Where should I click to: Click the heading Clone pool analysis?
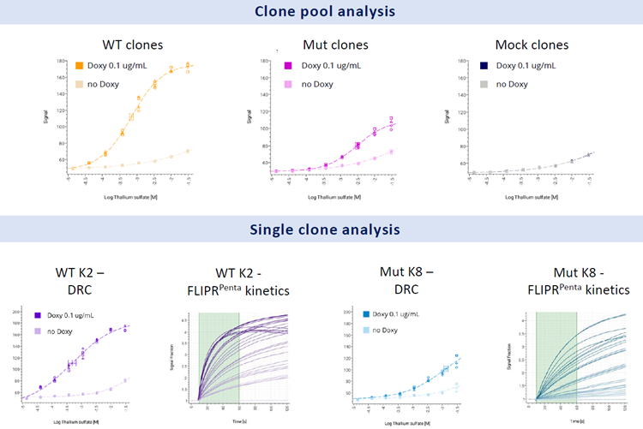321,12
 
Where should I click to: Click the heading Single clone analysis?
321,229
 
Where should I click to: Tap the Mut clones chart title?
335,45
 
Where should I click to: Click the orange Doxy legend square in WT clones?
79,65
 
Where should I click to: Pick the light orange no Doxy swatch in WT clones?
79,83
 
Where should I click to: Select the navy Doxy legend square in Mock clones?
484,65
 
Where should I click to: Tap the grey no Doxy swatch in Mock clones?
484,83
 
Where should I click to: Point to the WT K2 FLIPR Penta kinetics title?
238,282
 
